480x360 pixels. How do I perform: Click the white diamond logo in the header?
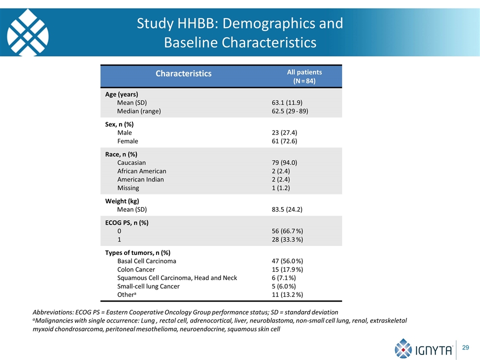pos(27,32)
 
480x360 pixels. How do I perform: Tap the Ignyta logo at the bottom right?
pos(423,348)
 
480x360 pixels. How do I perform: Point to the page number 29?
pos(465,347)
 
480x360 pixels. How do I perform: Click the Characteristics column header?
pos(183,73)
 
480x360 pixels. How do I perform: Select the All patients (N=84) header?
pos(304,76)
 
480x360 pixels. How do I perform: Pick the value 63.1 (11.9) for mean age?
pos(287,102)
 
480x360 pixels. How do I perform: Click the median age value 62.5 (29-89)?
pos(290,111)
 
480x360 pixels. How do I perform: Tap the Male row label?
pos(124,132)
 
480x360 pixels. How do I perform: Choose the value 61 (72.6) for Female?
pos(284,141)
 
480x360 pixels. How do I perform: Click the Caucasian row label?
pos(131,162)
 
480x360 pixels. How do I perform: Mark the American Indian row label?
pos(140,179)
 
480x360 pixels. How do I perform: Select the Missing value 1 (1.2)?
pos(280,188)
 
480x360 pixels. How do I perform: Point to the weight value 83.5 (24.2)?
pos(287,209)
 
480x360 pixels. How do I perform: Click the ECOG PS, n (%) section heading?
pos(126,222)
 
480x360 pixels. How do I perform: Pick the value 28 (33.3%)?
pos(287,239)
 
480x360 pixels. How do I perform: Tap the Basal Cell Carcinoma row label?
pos(146,261)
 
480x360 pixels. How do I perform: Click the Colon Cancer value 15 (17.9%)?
pos(287,269)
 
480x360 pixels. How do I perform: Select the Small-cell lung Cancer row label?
pos(148,286)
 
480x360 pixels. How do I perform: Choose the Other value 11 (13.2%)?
pos(287,294)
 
